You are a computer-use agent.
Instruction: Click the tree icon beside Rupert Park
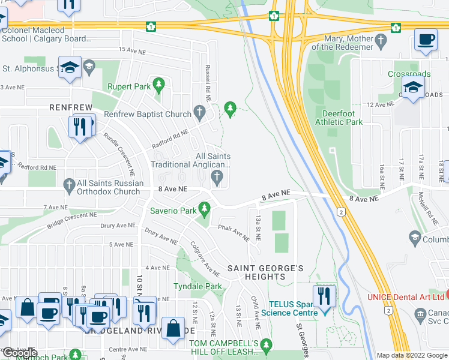tap(159, 86)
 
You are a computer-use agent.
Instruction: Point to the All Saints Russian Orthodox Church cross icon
tap(69, 184)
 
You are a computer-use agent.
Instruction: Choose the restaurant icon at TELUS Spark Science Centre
tap(324, 297)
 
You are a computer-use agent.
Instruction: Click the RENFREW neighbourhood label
tap(71, 107)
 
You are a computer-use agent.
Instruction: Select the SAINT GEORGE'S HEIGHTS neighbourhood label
tap(265, 272)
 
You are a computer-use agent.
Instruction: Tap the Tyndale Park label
tap(197, 287)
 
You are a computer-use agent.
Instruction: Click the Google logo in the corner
tap(20, 352)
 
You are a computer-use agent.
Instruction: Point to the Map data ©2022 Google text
tap(412, 355)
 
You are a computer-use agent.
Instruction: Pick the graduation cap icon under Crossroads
tap(414, 89)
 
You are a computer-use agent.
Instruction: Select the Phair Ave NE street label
tap(234, 232)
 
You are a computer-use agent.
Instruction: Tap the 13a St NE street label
tap(258, 227)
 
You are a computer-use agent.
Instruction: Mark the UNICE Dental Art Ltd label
tap(406, 297)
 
